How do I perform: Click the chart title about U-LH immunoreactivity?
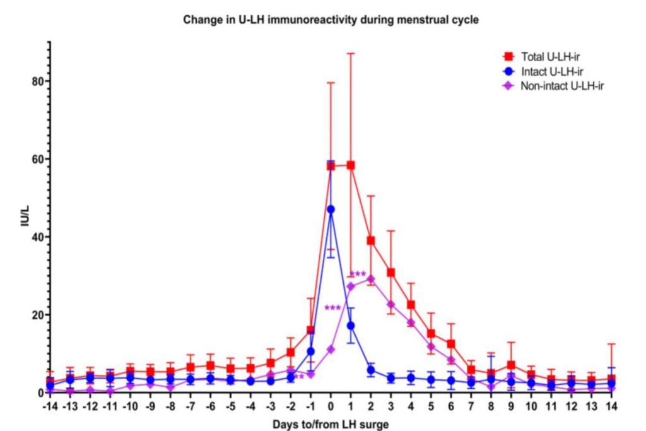point(331,20)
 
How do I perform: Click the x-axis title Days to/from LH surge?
point(331,423)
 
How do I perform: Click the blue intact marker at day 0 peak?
point(331,209)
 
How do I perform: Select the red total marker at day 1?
point(351,165)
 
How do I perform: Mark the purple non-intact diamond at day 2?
point(371,278)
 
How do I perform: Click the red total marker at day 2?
point(371,240)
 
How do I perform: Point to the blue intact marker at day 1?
point(351,326)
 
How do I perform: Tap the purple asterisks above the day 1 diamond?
point(358,275)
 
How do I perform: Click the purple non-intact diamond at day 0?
point(331,349)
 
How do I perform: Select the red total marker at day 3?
point(391,272)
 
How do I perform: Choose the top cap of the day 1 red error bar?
point(351,54)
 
